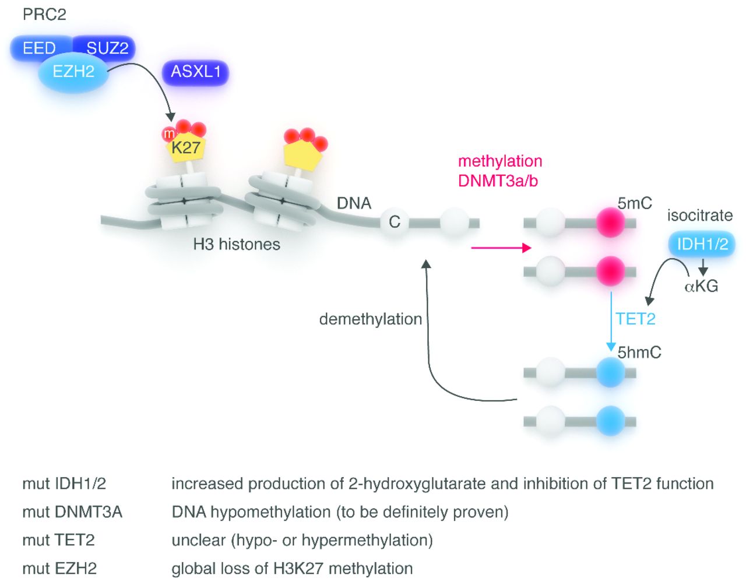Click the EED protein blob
[x=38, y=48]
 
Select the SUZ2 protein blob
[x=108, y=48]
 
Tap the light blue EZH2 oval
[x=73, y=72]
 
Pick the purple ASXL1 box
[x=195, y=72]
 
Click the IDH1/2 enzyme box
[x=702, y=244]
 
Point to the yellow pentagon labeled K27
[x=185, y=149]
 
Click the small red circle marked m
[x=169, y=135]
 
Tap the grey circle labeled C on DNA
[x=395, y=222]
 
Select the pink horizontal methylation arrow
[x=501, y=248]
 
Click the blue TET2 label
[x=635, y=319]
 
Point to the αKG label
[x=701, y=286]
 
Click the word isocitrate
[x=699, y=216]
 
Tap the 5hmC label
[x=639, y=352]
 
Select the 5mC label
[x=635, y=203]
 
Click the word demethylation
[x=371, y=319]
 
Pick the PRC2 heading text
[x=44, y=15]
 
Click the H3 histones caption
[x=237, y=244]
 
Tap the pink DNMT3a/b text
[x=498, y=181]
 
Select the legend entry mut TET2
[x=58, y=540]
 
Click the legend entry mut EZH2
[x=59, y=568]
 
